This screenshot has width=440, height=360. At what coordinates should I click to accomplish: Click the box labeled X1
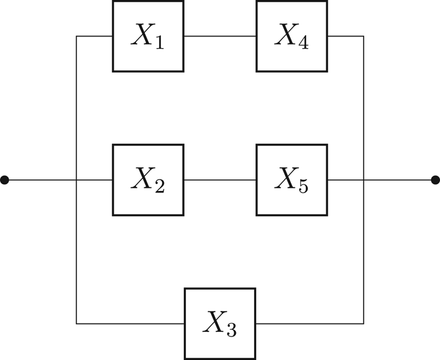(x=148, y=36)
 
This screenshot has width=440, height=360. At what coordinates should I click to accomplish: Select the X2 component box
(x=148, y=180)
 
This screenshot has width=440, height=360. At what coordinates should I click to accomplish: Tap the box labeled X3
(x=220, y=323)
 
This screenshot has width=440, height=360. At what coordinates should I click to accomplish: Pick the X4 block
(x=292, y=36)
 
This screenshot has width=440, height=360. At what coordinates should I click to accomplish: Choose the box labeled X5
(x=292, y=180)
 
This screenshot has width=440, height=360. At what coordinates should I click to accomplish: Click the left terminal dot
(x=5, y=180)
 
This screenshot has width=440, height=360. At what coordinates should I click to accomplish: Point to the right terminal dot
(x=435, y=180)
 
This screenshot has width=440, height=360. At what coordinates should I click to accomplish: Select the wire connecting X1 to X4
(x=220, y=36)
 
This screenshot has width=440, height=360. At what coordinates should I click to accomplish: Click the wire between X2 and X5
(x=220, y=180)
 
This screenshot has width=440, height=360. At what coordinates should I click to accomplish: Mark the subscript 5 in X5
(x=303, y=187)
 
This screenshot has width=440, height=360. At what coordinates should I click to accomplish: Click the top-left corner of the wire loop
(x=76, y=36)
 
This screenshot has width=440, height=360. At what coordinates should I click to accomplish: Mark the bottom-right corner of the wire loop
(x=364, y=323)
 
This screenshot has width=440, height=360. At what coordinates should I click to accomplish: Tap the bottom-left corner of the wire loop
(x=76, y=323)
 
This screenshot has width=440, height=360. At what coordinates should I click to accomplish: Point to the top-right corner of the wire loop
(x=364, y=36)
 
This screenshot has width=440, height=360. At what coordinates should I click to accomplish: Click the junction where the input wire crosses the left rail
(x=76, y=180)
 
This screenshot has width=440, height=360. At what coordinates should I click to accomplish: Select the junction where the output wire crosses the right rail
(x=364, y=180)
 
